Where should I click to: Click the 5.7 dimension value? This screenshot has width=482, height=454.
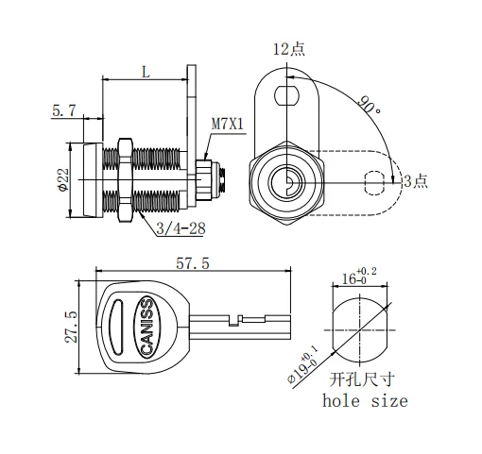click(65, 110)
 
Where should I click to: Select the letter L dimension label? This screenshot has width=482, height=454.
click(146, 71)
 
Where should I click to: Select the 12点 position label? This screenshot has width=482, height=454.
click(288, 50)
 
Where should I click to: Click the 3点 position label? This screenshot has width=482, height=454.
click(415, 180)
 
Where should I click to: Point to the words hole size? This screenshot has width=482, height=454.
click(365, 401)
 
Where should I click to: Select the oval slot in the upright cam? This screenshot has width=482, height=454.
click(286, 94)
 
